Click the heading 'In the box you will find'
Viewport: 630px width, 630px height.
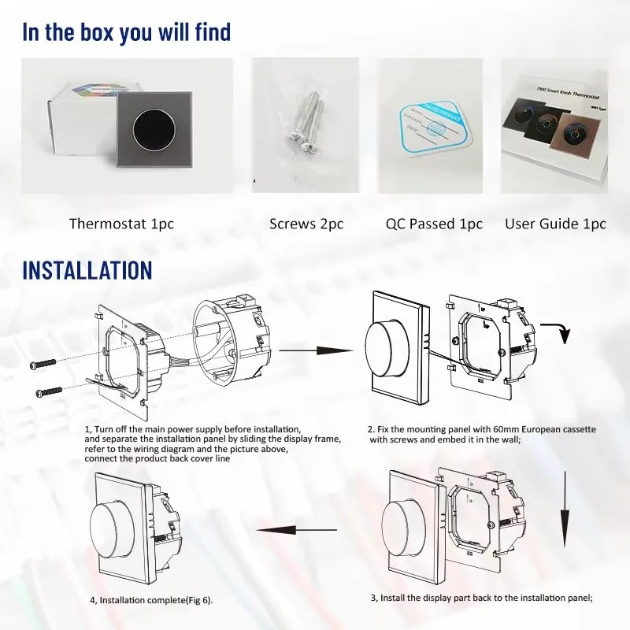tap(126, 32)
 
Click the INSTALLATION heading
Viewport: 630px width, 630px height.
tap(87, 269)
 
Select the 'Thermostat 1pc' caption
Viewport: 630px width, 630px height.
tap(121, 224)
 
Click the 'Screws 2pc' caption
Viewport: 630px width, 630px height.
tap(306, 224)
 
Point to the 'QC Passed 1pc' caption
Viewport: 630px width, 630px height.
tap(434, 224)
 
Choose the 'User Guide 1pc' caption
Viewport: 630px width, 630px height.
tap(555, 224)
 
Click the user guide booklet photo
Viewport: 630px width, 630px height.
tap(555, 126)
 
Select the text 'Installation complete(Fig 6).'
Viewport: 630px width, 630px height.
tap(150, 600)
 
